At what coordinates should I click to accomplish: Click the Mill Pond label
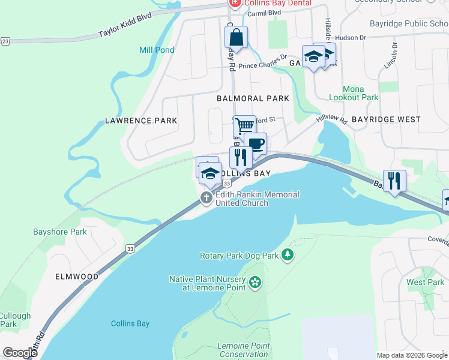pos(157,50)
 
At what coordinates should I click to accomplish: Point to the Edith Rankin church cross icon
pos(206,198)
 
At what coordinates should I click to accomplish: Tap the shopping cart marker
pos(244,127)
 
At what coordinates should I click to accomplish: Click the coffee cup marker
pos(255,144)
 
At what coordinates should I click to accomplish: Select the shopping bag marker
pos(236,37)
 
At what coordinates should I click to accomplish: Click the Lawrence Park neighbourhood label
pos(141,121)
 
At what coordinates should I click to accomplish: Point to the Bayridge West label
pos(386,119)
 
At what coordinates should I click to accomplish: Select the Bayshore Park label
pos(60,232)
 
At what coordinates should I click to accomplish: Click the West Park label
pos(425,282)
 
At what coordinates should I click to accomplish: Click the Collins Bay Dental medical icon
pos(234,4)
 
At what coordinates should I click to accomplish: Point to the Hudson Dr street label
pos(351,37)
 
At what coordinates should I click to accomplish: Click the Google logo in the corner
pos(20,352)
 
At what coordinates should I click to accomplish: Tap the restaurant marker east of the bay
pos(394,181)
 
